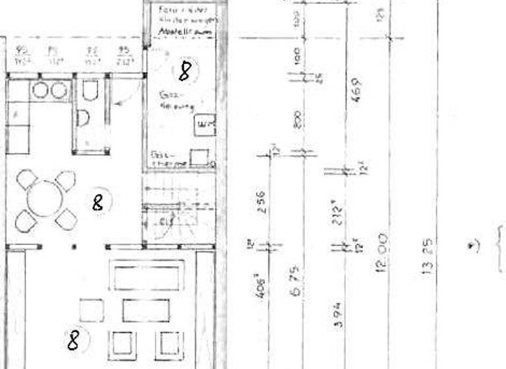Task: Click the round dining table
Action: click(x=43, y=198)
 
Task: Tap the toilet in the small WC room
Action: click(x=90, y=91)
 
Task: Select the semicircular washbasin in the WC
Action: click(x=82, y=119)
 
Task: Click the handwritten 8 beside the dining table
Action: click(x=98, y=202)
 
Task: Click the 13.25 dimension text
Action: click(x=427, y=256)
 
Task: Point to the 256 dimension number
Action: click(x=261, y=202)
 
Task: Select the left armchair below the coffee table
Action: click(x=122, y=343)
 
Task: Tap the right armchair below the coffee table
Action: click(x=167, y=343)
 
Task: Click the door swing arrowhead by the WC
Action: click(x=113, y=103)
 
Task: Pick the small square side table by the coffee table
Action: click(x=91, y=310)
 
